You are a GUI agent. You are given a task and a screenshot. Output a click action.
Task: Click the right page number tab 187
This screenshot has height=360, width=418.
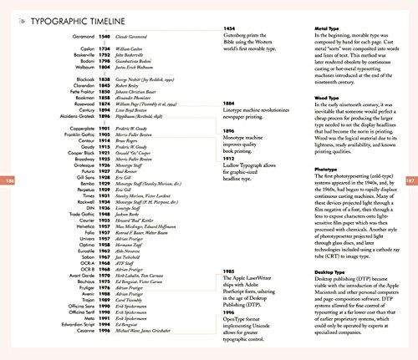coord(410,180)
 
